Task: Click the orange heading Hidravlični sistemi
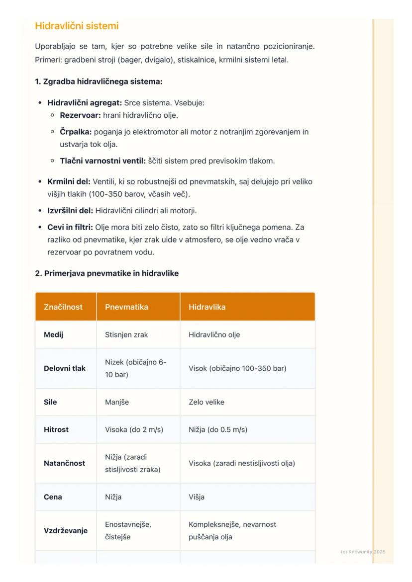point(77,26)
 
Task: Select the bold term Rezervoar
point(80,115)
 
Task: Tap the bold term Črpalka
point(76,132)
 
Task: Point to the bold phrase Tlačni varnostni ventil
point(103,161)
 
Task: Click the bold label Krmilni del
point(69,182)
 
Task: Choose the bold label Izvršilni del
point(70,211)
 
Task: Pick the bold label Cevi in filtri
point(70,228)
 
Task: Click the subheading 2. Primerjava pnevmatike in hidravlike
point(106,273)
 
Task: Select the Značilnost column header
point(63,307)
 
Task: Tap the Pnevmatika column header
point(126,307)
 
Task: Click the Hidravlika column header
point(207,307)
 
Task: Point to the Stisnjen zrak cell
point(126,335)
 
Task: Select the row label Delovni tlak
point(64,368)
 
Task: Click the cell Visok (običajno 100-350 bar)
point(237,368)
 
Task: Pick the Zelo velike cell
point(206,402)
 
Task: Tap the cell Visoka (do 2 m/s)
point(134,429)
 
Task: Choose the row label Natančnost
point(64,463)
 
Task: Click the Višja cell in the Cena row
point(197,497)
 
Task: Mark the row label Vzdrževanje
point(65,531)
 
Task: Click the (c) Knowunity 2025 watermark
point(363,552)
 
